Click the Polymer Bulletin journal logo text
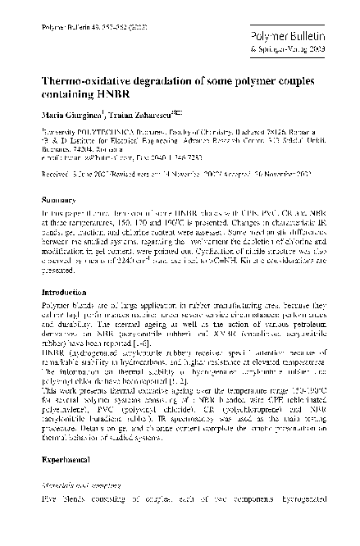(295, 37)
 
